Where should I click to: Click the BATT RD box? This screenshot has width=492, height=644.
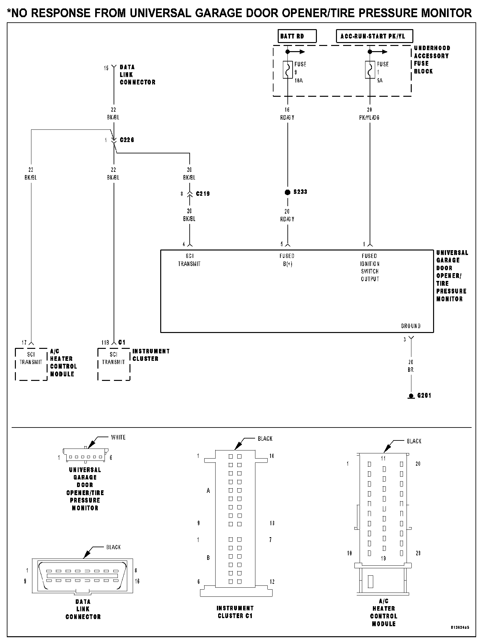pos(297,36)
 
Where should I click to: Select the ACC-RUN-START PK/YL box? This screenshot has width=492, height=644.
pos(375,36)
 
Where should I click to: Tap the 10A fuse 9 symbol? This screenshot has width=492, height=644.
pos(287,70)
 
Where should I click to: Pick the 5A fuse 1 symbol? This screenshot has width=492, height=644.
pos(370,70)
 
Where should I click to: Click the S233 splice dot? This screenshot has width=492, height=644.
pos(287,192)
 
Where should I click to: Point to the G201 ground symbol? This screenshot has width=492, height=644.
pos(411,396)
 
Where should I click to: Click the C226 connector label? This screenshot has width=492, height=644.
pos(127,140)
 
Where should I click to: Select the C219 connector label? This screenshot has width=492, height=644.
pos(203,194)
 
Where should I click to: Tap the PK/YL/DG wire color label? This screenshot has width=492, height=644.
pos(369,118)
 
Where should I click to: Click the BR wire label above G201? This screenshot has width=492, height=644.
pos(411,370)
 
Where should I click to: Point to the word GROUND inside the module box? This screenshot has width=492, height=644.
pos(410,326)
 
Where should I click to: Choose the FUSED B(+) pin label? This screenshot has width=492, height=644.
pos(287,260)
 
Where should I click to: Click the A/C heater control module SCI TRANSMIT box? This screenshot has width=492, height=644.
pos(31,364)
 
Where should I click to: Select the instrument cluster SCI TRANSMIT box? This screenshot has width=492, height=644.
pos(114,364)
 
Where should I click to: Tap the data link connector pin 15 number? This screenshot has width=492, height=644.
pos(106,68)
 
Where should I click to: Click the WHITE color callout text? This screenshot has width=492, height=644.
pos(118,438)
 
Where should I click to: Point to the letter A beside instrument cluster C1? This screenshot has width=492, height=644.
pos(208,491)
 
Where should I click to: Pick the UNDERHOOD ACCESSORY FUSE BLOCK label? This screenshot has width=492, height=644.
pos(432,60)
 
